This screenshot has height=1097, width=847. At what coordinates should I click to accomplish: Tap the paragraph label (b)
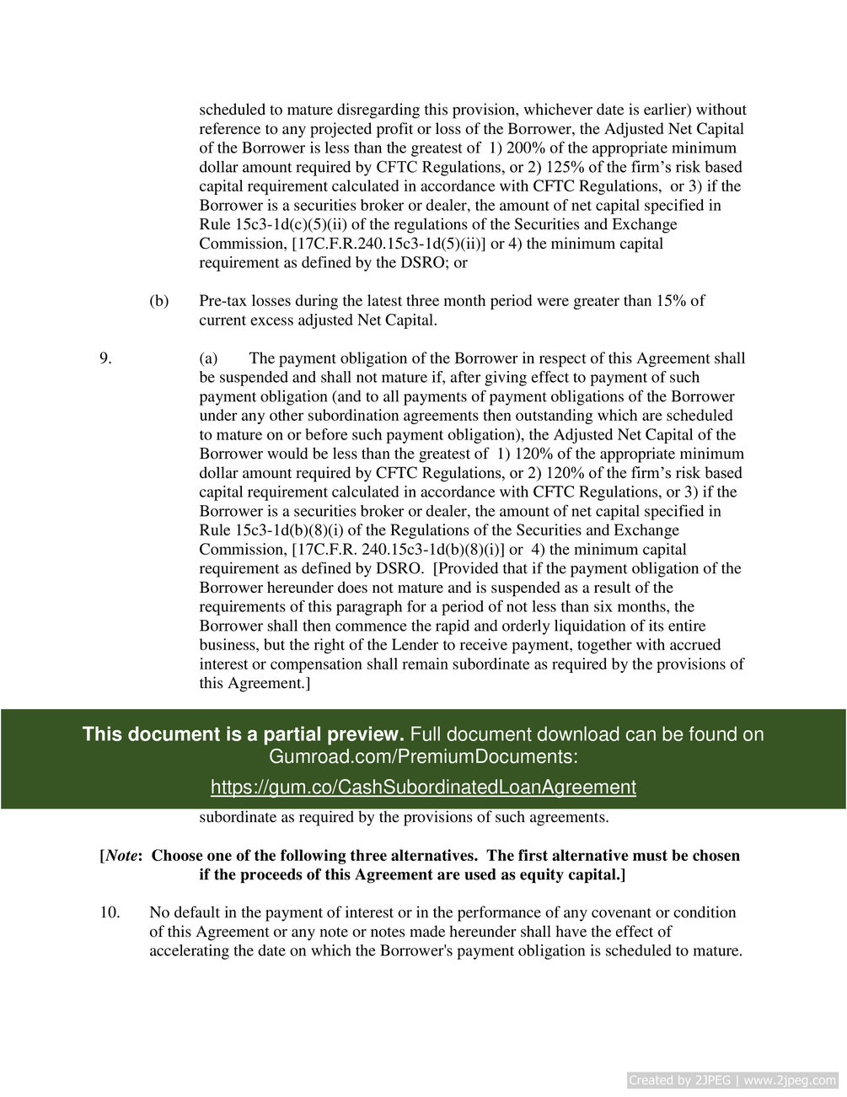click(x=158, y=301)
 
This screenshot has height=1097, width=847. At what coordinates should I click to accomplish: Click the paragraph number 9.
click(x=105, y=358)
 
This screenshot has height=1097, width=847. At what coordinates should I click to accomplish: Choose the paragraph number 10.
click(x=110, y=912)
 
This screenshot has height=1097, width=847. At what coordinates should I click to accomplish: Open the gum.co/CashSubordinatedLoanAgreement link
click(x=423, y=787)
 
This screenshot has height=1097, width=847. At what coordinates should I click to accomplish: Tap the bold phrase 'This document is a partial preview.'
click(x=243, y=734)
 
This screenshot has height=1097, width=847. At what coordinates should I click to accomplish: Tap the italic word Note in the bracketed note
click(x=121, y=856)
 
